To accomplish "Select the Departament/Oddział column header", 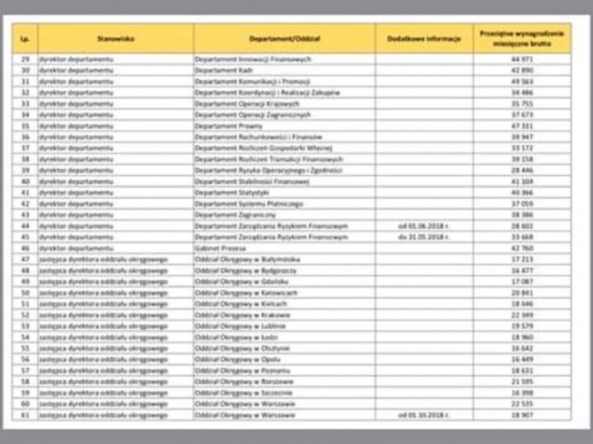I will click(x=284, y=38).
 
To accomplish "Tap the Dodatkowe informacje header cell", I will click(x=423, y=38).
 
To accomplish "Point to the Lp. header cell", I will click(x=25, y=38).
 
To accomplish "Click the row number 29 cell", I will click(x=25, y=58).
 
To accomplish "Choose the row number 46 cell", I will click(x=25, y=248).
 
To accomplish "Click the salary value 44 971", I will click(x=522, y=58).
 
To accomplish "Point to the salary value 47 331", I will click(x=522, y=126).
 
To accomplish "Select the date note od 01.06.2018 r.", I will click(x=423, y=226).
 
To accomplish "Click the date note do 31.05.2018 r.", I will click(x=423, y=236).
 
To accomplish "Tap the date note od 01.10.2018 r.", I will click(x=423, y=414).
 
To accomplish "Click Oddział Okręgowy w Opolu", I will click(x=233, y=358).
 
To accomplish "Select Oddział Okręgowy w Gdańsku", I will click(x=235, y=280).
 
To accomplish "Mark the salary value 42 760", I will click(x=522, y=248).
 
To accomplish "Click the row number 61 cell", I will click(x=25, y=414).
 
